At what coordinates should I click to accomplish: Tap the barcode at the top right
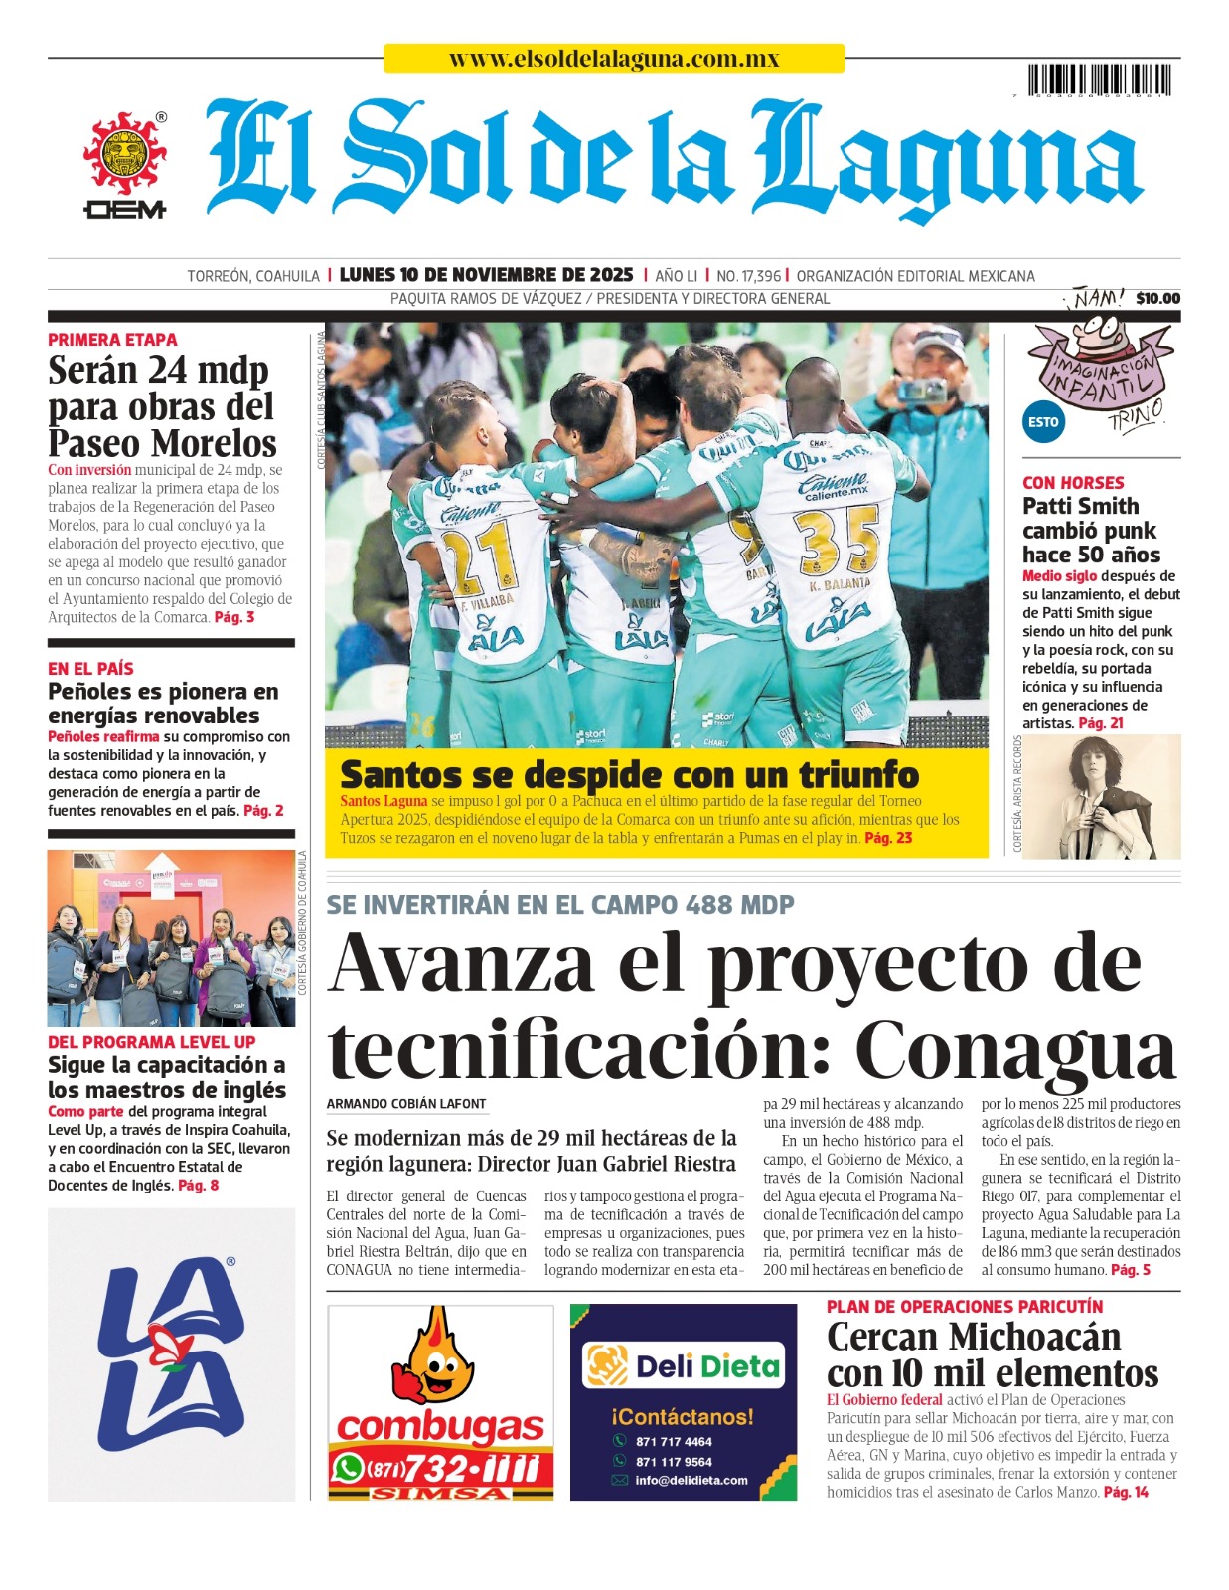pos(1103,80)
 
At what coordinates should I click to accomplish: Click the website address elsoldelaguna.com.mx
pos(613,59)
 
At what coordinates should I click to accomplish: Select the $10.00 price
pos(1157,298)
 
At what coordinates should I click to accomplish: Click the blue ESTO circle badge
pos(1043,422)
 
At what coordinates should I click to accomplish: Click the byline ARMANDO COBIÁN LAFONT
pos(406,1104)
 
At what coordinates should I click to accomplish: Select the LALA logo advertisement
pos(171,1353)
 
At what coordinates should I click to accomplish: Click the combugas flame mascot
pos(434,1356)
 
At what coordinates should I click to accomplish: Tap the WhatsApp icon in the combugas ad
pos(348,1467)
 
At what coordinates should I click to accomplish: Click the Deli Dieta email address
pos(691,1480)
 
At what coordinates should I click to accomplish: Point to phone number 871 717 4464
pos(674,1442)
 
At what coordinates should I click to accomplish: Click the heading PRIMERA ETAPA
pos(112,340)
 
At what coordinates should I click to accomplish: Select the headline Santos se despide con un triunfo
pos(629,774)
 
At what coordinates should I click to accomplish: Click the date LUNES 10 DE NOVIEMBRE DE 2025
pos(486,275)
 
